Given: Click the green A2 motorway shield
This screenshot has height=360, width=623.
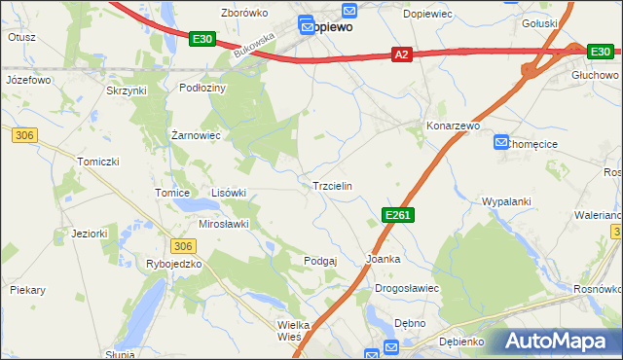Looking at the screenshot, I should click(402, 55).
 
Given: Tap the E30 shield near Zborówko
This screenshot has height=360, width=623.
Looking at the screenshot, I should click(202, 38).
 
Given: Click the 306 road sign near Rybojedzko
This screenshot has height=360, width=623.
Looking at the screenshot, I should click(182, 246).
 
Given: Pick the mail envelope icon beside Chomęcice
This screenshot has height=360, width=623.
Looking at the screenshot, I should click(501, 141).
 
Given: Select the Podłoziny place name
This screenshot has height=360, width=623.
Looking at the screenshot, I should click(203, 88).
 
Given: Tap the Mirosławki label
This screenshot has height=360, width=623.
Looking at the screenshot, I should click(224, 224).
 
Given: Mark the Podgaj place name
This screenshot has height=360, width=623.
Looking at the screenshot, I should click(320, 260).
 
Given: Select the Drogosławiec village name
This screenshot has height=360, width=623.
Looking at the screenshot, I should click(408, 289).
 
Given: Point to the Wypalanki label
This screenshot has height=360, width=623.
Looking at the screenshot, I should click(506, 201).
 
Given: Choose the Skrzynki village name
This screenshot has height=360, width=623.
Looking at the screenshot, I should click(126, 90).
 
